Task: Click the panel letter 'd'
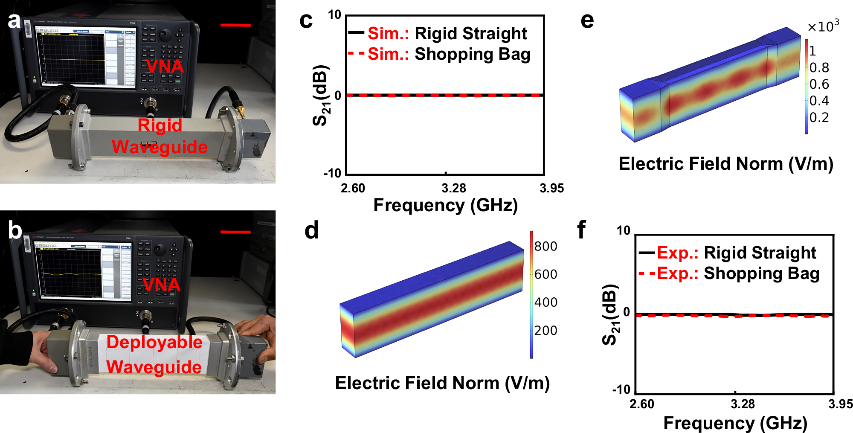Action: point(312,231)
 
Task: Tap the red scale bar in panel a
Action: point(235,25)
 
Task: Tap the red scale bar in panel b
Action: point(235,232)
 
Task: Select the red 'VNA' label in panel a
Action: point(165,67)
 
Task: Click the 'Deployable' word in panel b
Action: point(154,342)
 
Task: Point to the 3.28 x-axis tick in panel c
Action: point(454,188)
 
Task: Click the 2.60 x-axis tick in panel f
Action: point(641,404)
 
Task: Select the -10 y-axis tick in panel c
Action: point(333,173)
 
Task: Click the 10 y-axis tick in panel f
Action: point(623,231)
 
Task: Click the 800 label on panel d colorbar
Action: point(545,246)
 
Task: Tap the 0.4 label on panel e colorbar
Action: point(819,101)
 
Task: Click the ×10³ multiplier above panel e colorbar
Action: point(823,26)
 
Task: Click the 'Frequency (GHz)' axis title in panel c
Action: point(445,205)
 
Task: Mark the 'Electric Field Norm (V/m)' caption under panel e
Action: point(726,164)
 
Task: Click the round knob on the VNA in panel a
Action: point(165,35)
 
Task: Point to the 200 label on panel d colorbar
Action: point(545,330)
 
